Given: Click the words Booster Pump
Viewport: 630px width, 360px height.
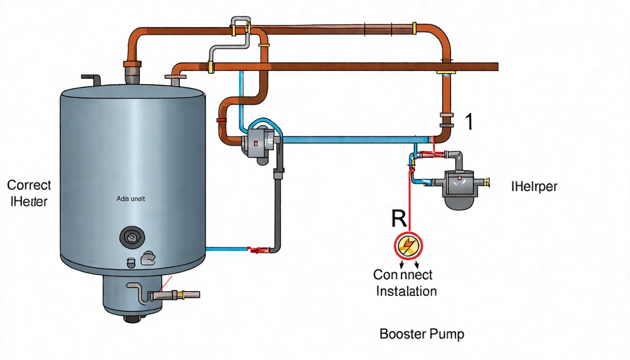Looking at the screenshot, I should (x=421, y=334).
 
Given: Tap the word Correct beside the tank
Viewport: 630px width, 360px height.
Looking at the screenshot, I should (x=29, y=185).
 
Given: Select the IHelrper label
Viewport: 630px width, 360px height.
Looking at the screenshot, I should (x=534, y=187).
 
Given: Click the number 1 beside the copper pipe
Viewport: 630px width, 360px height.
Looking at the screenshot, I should (x=469, y=122).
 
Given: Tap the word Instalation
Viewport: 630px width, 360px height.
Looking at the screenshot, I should (x=406, y=291).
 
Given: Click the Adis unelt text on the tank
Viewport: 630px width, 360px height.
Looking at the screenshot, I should (x=131, y=199).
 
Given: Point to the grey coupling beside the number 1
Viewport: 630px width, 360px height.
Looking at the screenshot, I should (x=447, y=120).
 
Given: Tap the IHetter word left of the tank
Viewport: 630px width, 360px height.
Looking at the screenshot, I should (x=29, y=202).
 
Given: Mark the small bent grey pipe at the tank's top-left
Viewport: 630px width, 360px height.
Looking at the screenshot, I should (x=92, y=79).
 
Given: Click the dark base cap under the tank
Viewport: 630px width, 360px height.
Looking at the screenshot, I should (x=132, y=318).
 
